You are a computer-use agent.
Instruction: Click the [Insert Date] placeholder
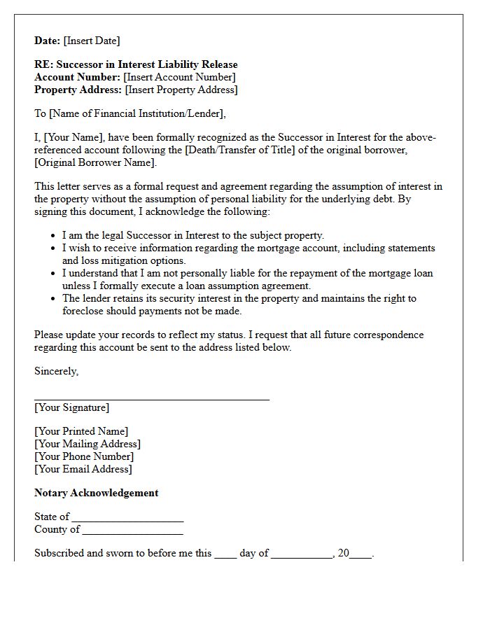click(x=92, y=41)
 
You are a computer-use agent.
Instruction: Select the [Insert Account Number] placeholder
click(x=179, y=78)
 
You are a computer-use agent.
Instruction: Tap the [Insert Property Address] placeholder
click(x=181, y=90)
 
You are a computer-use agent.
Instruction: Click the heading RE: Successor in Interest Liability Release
click(x=136, y=65)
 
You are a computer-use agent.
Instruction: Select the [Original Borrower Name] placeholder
click(x=95, y=163)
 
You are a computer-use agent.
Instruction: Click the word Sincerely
click(x=56, y=372)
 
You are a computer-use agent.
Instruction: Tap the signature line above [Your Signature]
click(x=152, y=399)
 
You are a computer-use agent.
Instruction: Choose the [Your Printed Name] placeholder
click(x=81, y=432)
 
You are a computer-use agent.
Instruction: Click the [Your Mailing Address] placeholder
click(x=87, y=444)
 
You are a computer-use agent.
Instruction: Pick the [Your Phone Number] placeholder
click(x=84, y=457)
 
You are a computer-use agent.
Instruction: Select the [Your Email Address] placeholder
click(x=83, y=470)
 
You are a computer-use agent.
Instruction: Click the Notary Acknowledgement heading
click(x=97, y=493)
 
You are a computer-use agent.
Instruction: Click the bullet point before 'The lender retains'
click(x=54, y=299)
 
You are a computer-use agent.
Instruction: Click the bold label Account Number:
click(x=78, y=78)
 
